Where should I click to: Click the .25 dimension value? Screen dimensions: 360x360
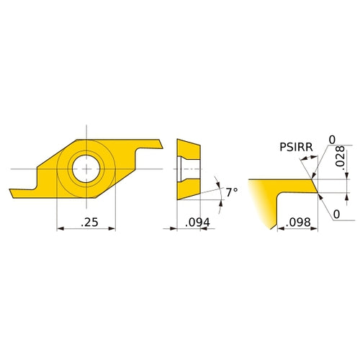(89, 223)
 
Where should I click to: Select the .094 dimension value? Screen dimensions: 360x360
(198, 223)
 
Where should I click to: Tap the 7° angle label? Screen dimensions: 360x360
(230, 193)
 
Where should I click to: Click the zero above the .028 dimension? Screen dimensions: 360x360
(333, 140)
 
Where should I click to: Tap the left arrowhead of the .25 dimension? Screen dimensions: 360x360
(59, 229)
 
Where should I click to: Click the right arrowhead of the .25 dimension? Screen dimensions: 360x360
(112, 229)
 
